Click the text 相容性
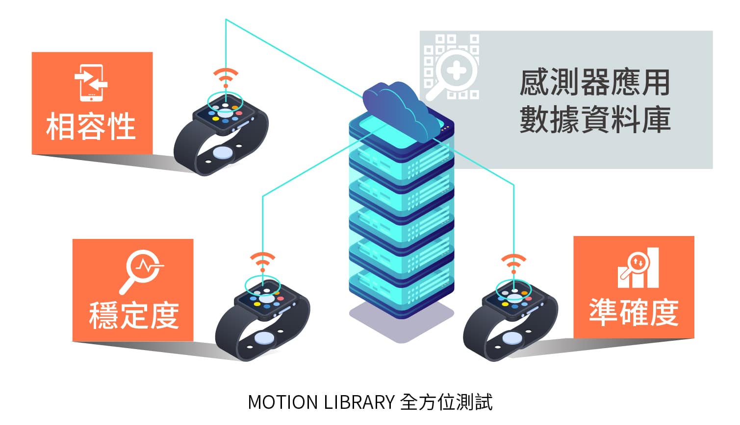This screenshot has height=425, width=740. (91, 126)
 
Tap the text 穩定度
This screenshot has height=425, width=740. (134, 315)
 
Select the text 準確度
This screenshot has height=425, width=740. (634, 312)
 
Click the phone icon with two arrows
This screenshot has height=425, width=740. (91, 82)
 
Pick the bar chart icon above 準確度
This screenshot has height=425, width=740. (638, 268)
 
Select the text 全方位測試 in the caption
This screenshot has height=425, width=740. (446, 402)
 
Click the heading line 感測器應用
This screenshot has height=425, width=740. (595, 82)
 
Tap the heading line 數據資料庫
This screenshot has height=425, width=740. (595, 119)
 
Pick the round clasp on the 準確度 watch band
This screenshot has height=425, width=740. (512, 338)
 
